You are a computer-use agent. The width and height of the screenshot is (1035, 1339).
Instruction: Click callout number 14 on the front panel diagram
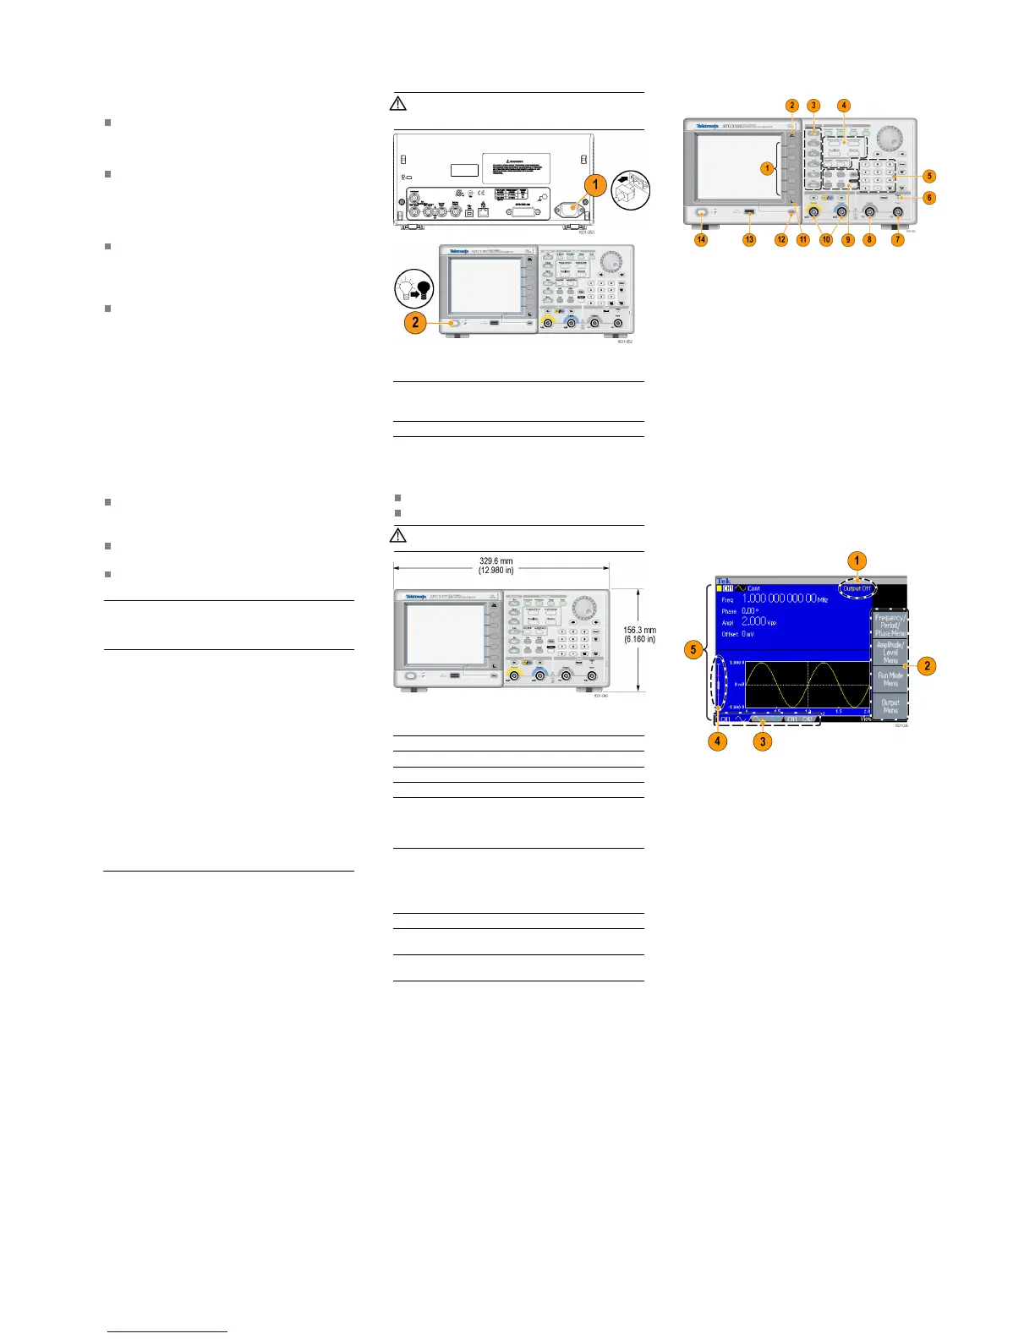click(701, 240)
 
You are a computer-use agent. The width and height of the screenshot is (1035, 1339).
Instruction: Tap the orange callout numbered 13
click(749, 240)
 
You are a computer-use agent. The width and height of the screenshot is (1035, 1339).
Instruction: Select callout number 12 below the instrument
click(781, 240)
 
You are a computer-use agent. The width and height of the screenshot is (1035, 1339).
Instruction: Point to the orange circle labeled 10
click(826, 240)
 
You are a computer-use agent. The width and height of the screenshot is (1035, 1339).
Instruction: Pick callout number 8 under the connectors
click(869, 240)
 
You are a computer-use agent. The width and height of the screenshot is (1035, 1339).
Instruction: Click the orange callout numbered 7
click(898, 240)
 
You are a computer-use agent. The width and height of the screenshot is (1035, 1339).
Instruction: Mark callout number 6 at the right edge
click(929, 198)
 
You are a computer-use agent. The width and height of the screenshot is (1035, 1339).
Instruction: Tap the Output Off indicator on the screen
click(857, 588)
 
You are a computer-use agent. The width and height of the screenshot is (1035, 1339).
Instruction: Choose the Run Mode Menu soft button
click(890, 679)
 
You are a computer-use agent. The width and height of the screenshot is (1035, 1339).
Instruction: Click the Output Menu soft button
click(890, 706)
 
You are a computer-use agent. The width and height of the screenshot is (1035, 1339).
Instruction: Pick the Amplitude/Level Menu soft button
click(890, 652)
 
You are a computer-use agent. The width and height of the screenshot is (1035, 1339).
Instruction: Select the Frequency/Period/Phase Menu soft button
click(890, 625)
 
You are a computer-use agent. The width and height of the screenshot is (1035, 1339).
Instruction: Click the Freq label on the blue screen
click(727, 599)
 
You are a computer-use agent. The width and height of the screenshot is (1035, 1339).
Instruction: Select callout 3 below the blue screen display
click(763, 742)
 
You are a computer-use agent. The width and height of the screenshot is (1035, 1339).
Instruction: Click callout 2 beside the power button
click(415, 322)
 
